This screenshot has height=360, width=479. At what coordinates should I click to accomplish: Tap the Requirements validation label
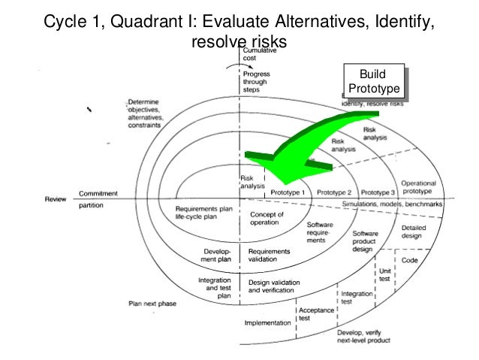pyautogui.click(x=267, y=256)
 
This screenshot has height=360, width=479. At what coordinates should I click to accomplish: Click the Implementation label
pyautogui.click(x=268, y=323)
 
